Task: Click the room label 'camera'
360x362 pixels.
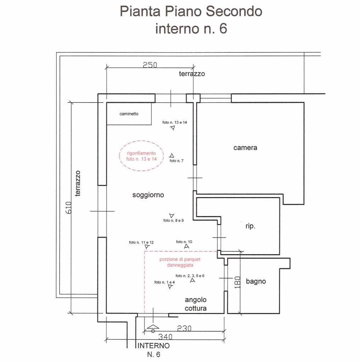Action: pyautogui.click(x=245, y=148)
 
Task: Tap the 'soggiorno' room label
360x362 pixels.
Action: pyautogui.click(x=148, y=195)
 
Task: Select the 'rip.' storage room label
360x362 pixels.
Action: pyautogui.click(x=250, y=226)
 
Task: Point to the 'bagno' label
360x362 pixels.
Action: pyautogui.click(x=256, y=281)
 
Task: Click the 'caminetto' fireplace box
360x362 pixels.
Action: pyautogui.click(x=129, y=114)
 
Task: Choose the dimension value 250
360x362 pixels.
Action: pyautogui.click(x=150, y=65)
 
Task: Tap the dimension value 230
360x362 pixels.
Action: pyautogui.click(x=184, y=328)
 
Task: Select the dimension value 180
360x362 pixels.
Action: pyautogui.click(x=238, y=282)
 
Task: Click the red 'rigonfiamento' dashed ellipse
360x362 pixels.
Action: pyautogui.click(x=141, y=156)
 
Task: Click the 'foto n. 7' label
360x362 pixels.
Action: pyautogui.click(x=176, y=161)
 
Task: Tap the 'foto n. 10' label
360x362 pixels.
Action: pyautogui.click(x=184, y=242)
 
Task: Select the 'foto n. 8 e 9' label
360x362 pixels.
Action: pyautogui.click(x=173, y=221)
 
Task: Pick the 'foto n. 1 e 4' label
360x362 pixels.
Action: pyautogui.click(x=165, y=282)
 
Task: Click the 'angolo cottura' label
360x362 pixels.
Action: pyautogui.click(x=196, y=304)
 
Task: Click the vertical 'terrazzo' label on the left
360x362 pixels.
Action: pyautogui.click(x=78, y=183)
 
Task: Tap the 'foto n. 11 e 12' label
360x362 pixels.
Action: pyautogui.click(x=141, y=243)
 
